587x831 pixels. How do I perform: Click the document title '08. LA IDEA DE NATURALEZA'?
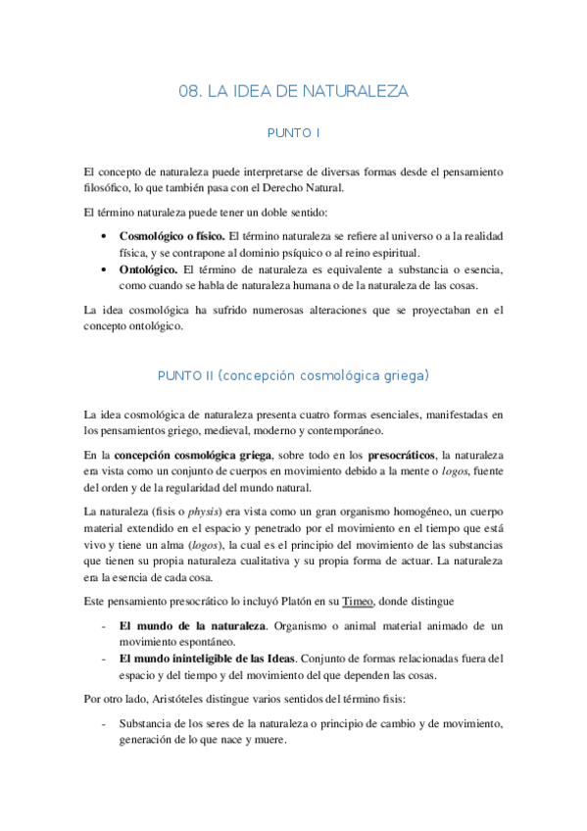(x=293, y=91)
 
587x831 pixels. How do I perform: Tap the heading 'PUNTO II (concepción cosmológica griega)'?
(x=293, y=375)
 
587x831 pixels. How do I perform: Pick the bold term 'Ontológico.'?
(x=149, y=269)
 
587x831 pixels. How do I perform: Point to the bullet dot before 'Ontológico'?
(x=105, y=269)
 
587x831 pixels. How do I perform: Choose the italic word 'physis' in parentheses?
(x=205, y=511)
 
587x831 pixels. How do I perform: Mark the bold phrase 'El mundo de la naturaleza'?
(x=191, y=624)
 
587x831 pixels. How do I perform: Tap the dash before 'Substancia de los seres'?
(x=105, y=723)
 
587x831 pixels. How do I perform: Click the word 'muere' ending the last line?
(x=269, y=740)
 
